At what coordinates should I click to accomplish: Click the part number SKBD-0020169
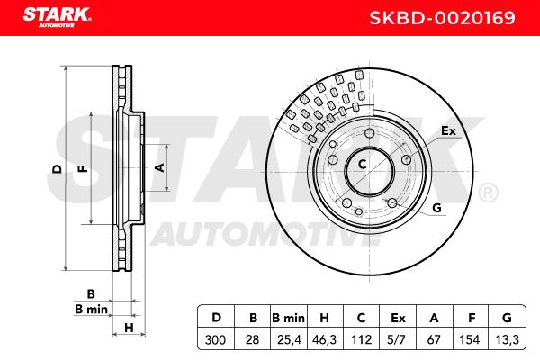pyautogui.click(x=442, y=18)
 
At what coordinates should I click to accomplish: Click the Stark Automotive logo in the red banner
pyautogui.click(x=58, y=17)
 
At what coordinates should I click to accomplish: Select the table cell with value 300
pyautogui.click(x=216, y=339)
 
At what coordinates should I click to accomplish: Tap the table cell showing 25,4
pyautogui.click(x=289, y=339)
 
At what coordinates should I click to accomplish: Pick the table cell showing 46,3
pyautogui.click(x=324, y=339)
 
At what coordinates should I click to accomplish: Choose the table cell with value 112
pyautogui.click(x=361, y=339)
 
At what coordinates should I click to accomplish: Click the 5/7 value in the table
pyautogui.click(x=396, y=339)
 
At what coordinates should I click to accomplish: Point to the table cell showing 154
pyautogui.click(x=470, y=339)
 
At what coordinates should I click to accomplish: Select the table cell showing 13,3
pyautogui.click(x=507, y=339)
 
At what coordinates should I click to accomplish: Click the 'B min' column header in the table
pyautogui.click(x=289, y=318)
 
